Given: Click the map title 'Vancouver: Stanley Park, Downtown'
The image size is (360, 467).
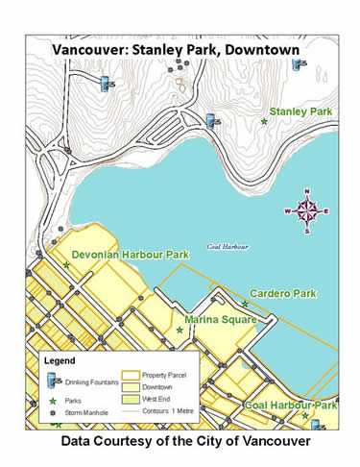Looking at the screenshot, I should coord(180,48).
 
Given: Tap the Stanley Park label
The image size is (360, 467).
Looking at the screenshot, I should coord(300,112).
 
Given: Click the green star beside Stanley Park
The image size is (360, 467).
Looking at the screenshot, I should coord(264,121).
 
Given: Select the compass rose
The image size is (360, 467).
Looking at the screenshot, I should coord(306,210).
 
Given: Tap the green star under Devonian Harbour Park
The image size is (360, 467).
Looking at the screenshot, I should coord(66,265).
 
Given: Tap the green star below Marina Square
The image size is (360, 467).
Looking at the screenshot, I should coord(180,330).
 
